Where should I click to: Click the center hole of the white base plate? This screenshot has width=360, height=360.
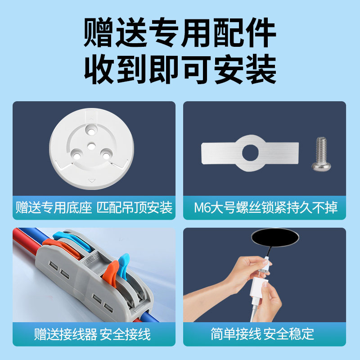click(91, 145)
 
